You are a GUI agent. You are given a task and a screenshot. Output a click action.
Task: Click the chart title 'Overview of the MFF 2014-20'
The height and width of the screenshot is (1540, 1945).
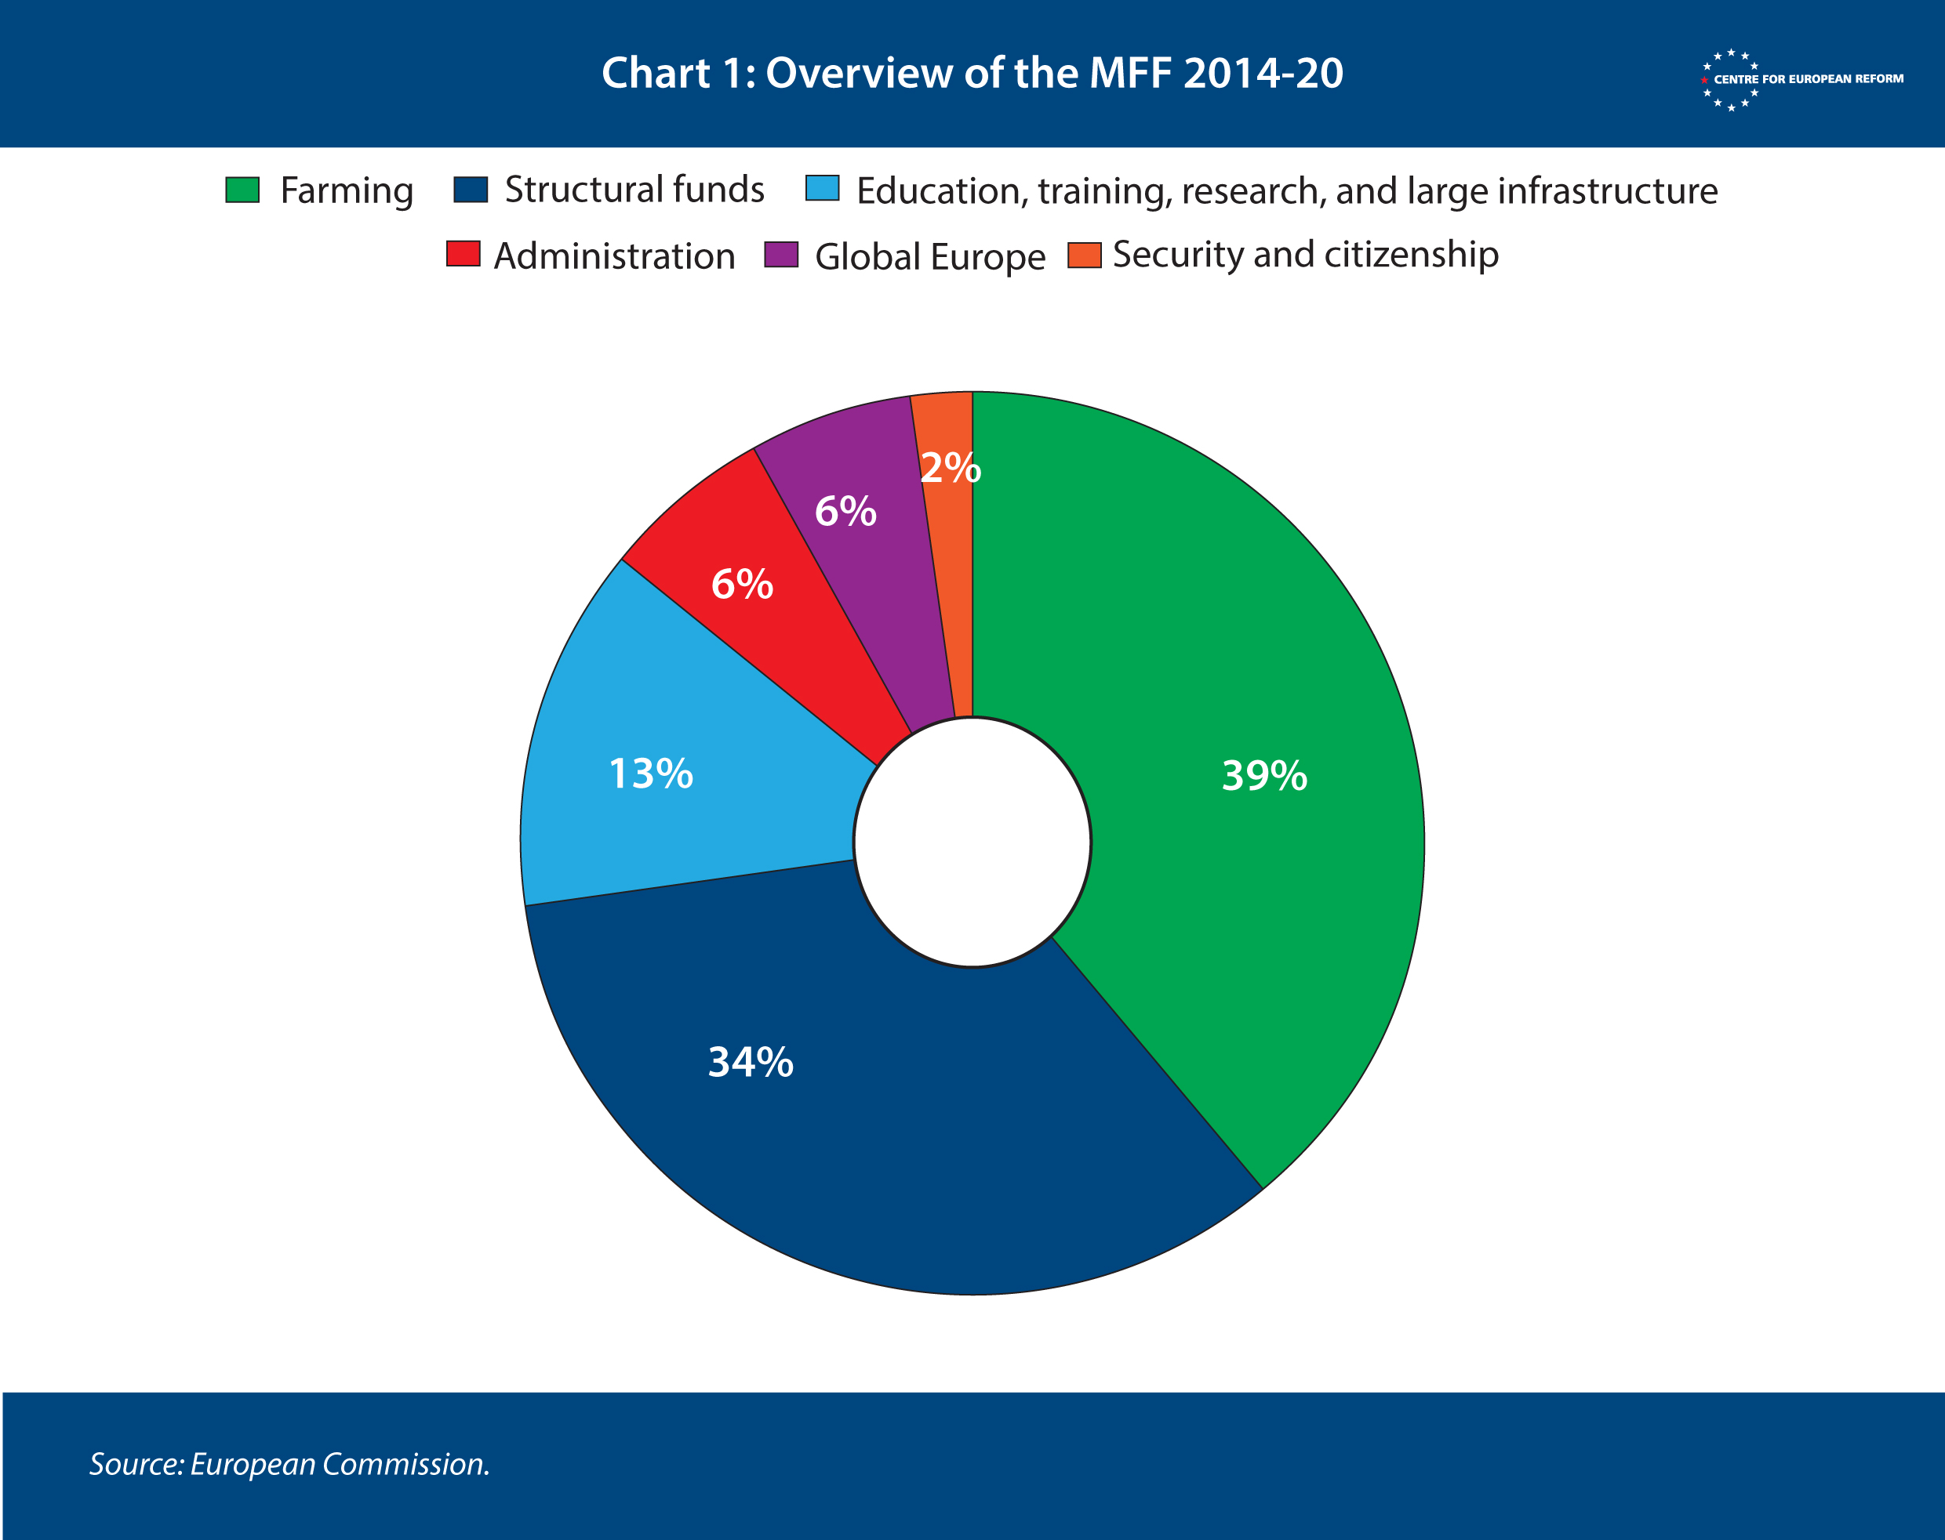click(x=972, y=73)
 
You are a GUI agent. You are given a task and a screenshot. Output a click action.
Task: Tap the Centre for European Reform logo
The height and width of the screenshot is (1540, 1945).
click(x=1801, y=79)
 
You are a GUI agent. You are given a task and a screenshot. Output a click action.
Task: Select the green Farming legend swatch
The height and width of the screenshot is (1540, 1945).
click(x=242, y=190)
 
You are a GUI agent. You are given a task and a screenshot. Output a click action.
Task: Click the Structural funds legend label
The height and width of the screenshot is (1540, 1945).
click(x=634, y=190)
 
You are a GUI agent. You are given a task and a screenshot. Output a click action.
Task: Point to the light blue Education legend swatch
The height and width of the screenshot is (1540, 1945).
click(x=822, y=188)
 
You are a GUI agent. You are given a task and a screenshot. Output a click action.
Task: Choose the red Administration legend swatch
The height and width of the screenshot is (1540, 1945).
click(x=463, y=254)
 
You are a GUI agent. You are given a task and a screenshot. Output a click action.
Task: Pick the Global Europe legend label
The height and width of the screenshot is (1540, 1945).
click(x=929, y=257)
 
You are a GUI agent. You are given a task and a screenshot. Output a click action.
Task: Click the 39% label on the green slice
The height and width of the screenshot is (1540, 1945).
click(x=1264, y=775)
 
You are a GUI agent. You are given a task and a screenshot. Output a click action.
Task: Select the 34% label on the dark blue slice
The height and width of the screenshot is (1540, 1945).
click(x=751, y=1062)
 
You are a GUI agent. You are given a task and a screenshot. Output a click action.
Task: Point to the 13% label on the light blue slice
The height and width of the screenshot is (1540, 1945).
click(x=650, y=774)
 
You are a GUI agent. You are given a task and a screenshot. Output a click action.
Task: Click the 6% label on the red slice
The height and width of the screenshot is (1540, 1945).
click(x=742, y=585)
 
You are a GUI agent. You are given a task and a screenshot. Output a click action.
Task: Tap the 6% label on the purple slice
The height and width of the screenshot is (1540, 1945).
click(x=845, y=511)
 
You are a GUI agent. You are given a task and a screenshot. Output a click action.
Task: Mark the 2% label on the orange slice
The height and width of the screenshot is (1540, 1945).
click(x=950, y=467)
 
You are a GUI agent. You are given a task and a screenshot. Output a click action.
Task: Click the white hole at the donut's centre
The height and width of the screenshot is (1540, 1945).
click(x=972, y=842)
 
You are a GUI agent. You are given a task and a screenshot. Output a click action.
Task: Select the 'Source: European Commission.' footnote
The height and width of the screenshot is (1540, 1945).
click(x=289, y=1464)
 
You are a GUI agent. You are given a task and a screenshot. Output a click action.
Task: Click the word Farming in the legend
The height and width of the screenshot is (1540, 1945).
click(x=347, y=191)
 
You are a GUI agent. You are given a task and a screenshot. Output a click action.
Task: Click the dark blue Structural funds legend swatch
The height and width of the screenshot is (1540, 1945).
click(x=470, y=190)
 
